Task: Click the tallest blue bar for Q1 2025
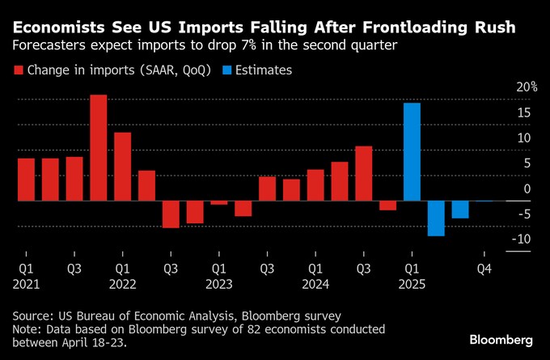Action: (x=412, y=151)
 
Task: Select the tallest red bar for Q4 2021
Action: (x=99, y=147)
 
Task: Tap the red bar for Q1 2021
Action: (x=26, y=179)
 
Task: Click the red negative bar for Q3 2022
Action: (x=171, y=214)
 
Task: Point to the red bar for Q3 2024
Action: (x=364, y=173)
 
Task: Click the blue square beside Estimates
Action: (x=228, y=70)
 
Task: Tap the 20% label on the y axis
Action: (x=527, y=87)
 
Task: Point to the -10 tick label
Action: (x=522, y=239)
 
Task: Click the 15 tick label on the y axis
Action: (x=524, y=112)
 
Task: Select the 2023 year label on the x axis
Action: (x=218, y=284)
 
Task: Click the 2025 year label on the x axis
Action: (x=412, y=284)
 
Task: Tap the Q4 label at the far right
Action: (x=484, y=268)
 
